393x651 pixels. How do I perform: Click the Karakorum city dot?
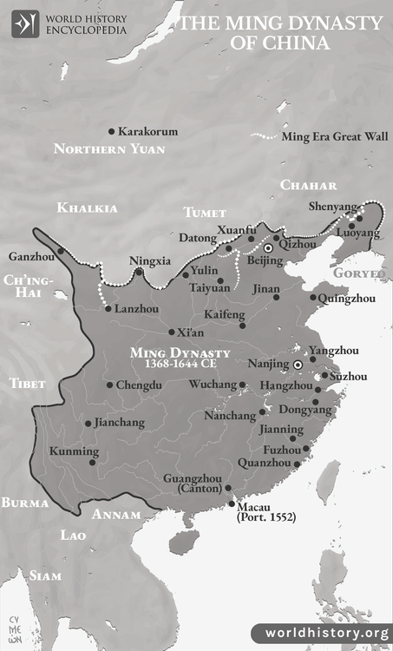click(111, 132)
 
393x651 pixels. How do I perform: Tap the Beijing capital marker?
click(269, 248)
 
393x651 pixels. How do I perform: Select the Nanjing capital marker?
click(298, 365)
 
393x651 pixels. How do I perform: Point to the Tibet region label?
click(25, 384)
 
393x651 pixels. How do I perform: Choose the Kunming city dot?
click(92, 462)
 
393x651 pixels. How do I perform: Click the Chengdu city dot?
click(108, 385)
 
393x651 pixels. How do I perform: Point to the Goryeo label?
click(357, 273)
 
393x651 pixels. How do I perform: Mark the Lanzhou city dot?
click(108, 308)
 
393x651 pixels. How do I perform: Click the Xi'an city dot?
click(171, 332)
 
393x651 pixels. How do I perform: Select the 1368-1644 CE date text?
click(179, 365)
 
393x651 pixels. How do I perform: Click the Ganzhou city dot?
click(61, 252)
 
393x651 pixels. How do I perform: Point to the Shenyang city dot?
click(359, 219)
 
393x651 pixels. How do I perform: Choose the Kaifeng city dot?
click(242, 325)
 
